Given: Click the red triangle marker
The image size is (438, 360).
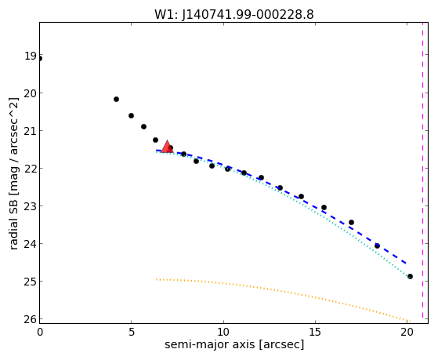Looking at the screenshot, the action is click(168, 147).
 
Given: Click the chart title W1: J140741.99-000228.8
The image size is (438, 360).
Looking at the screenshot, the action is click(234, 15).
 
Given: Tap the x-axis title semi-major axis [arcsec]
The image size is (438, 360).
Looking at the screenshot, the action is click(234, 344).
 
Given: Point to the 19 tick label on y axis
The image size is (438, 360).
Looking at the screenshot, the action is click(31, 56).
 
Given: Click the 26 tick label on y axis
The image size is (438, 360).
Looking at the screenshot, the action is click(31, 319).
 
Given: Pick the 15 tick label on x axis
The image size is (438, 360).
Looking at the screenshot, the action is click(315, 332).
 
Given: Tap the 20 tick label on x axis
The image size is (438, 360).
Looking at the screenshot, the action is click(407, 332).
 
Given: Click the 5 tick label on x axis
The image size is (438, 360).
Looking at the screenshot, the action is click(132, 332).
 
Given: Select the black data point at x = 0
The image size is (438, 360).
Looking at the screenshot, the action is click(40, 59).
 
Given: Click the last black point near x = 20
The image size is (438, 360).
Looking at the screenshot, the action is click(410, 276).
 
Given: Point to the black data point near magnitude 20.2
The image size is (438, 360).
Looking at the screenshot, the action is click(117, 99).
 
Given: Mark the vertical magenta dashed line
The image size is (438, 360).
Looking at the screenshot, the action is click(422, 170).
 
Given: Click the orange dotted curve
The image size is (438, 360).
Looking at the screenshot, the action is click(283, 289).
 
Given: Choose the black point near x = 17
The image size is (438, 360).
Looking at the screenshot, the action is click(351, 223).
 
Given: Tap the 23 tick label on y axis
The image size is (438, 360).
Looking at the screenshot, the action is click(31, 206).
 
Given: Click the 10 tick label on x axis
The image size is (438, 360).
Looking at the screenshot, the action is click(223, 332).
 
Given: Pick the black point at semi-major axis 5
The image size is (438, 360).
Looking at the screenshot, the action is click(132, 115).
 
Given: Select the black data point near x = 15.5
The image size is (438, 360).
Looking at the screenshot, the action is click(324, 207).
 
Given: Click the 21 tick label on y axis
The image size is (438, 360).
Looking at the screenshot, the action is click(31, 131).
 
